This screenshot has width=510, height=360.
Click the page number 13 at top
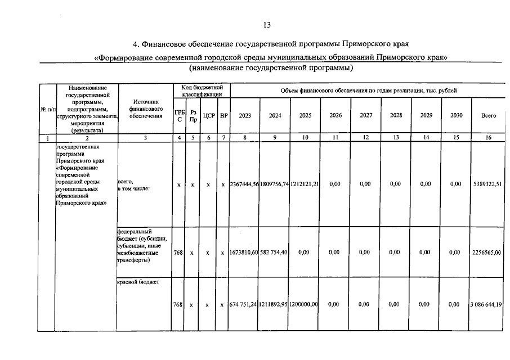[267, 25]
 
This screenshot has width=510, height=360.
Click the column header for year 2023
[245, 115]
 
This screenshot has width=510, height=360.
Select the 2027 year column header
[366, 115]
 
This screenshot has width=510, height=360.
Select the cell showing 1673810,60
[244, 253]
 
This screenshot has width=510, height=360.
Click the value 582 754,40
[275, 253]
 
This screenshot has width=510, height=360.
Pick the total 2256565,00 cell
[487, 253]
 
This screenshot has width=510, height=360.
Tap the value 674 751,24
[243, 304]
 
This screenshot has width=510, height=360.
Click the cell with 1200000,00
[305, 304]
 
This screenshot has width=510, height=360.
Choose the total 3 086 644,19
[487, 304]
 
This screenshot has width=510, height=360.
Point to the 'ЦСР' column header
[209, 116]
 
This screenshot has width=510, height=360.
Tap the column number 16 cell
[488, 138]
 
